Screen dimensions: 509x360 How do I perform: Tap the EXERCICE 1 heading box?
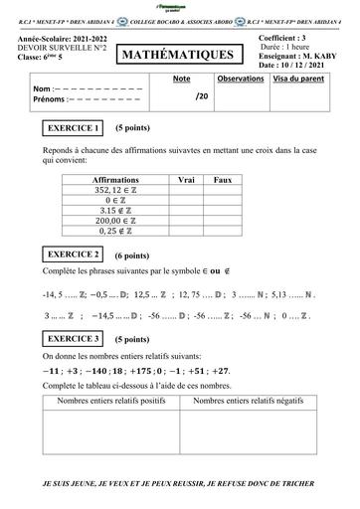pos(73,129)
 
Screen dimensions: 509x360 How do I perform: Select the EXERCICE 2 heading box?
pos(73,254)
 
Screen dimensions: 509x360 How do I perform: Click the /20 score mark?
pos(202,97)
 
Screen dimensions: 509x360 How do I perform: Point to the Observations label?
pos(240,77)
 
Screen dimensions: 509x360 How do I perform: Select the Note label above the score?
pos(181,77)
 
